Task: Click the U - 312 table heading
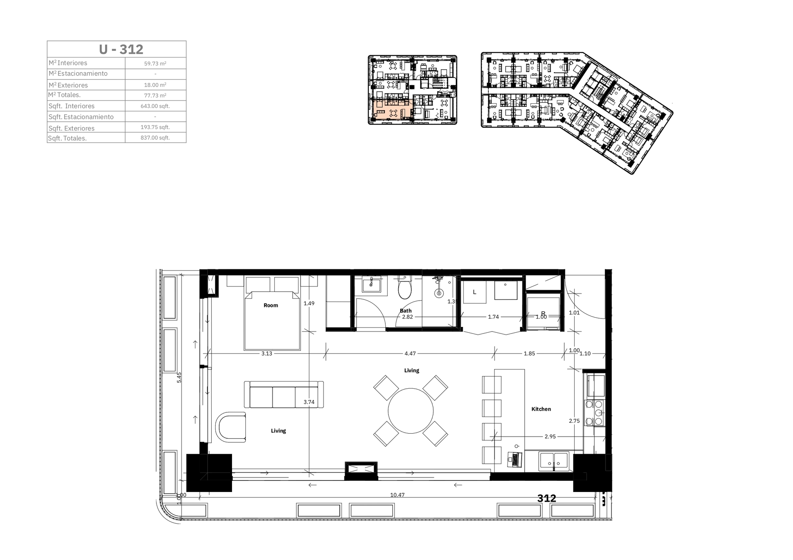coord(121,49)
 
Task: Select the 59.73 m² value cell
coord(155,63)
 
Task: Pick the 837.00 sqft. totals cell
coord(155,138)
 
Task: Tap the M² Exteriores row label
coord(68,85)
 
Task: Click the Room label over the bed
coord(271,305)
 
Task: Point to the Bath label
coord(406,311)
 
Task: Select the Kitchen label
coord(541,409)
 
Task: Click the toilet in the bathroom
coord(405,287)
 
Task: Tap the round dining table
coord(411,411)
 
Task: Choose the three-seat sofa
coord(284,394)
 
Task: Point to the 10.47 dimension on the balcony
coord(397,495)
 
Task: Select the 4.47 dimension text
coord(410,353)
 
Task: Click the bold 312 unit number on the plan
coord(547,498)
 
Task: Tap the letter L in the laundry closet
coord(475,292)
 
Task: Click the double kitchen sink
coord(554,461)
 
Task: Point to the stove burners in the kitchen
coord(594,413)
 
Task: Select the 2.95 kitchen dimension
coord(550,437)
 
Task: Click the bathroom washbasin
coord(371,285)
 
